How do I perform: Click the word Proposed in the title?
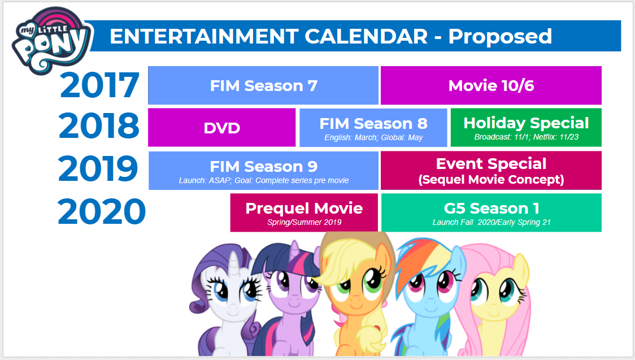point(500,36)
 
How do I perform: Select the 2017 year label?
point(99,85)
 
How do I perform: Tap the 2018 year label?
point(99,126)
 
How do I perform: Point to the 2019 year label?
point(98,168)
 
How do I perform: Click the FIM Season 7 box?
point(263,85)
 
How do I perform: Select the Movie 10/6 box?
point(491,85)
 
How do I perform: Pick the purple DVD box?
point(221,128)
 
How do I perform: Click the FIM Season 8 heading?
point(373,123)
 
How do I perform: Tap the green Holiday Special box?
point(526,127)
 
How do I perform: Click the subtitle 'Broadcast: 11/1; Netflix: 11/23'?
point(526,137)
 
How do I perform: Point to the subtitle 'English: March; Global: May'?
point(373,137)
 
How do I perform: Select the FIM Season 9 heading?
point(263,166)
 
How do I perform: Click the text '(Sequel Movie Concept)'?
point(491,180)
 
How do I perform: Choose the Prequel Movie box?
point(304,212)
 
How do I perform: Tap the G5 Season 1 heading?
point(491,208)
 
